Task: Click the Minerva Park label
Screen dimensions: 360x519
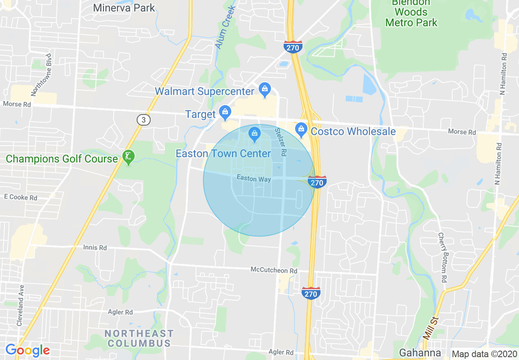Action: pos(124,7)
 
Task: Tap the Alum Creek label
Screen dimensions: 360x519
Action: pos(226,28)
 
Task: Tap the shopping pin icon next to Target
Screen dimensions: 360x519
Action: pos(225,112)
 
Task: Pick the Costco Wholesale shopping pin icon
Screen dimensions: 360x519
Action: pos(301,130)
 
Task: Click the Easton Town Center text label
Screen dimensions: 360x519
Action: pos(223,153)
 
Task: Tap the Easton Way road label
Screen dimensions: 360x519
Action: pos(254,179)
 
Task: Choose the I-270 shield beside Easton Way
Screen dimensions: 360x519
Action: pos(317,182)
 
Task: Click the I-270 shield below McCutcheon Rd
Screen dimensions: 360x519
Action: pos(311,293)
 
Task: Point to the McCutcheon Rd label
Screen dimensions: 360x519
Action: pos(274,270)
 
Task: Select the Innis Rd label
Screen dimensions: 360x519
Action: pos(95,248)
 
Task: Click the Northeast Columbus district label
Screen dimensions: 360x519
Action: pos(139,338)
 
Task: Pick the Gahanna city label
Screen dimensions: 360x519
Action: pos(420,353)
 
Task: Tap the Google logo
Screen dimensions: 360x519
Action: pos(27,350)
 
